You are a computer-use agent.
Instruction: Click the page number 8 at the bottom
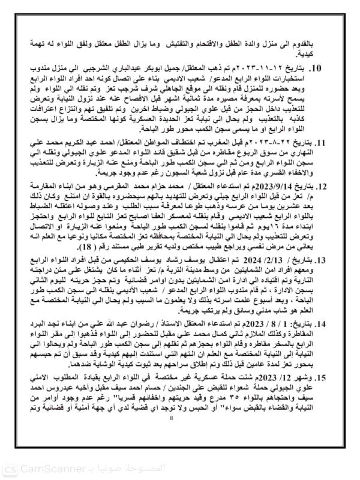tap(179, 448)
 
